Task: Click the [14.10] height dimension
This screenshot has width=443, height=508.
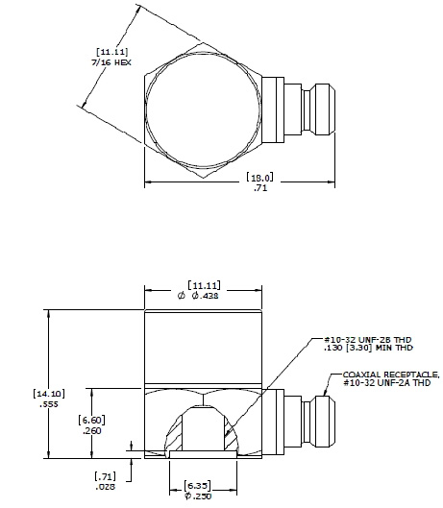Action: (x=48, y=393)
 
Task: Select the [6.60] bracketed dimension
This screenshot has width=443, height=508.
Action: (x=91, y=421)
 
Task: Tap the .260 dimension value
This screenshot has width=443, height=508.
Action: (x=91, y=432)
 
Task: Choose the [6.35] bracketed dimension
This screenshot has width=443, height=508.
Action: (x=200, y=484)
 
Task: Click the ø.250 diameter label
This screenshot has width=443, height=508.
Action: (x=200, y=496)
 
